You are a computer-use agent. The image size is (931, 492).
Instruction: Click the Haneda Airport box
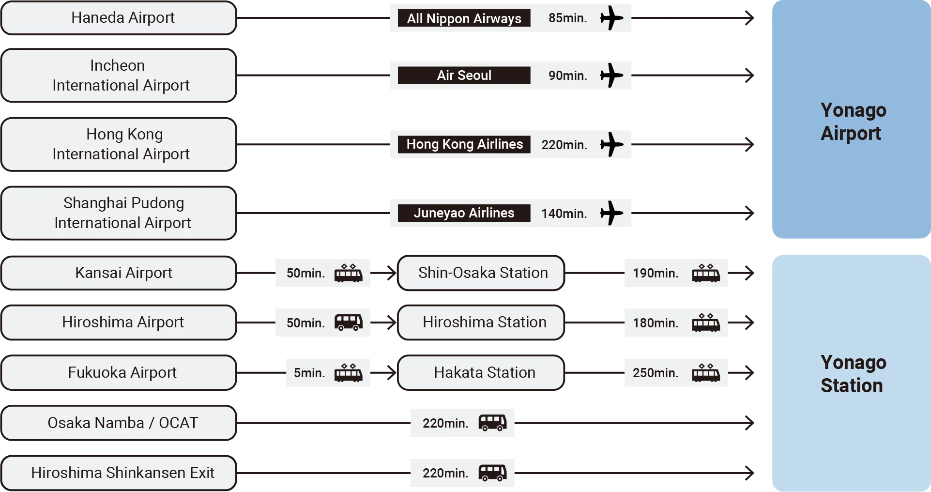click(119, 18)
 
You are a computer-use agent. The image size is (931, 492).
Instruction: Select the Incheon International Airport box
click(119, 75)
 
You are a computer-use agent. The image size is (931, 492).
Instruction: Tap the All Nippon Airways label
click(464, 18)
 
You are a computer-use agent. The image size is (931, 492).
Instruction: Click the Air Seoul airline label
click(464, 76)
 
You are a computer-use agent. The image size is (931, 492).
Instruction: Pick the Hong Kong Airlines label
click(464, 144)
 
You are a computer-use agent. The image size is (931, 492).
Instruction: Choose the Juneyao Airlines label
click(464, 213)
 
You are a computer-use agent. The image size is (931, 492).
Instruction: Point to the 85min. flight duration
click(567, 18)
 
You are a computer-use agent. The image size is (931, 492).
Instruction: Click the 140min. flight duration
click(564, 214)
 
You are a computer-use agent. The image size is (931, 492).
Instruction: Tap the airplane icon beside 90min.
click(611, 76)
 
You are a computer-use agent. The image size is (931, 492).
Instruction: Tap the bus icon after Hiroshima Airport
click(349, 323)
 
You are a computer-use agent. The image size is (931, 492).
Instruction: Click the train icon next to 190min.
click(705, 273)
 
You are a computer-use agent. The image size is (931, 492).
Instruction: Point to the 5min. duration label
click(309, 373)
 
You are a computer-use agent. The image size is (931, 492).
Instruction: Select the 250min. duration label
click(656, 373)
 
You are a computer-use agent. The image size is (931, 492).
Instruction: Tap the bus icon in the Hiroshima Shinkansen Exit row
click(492, 473)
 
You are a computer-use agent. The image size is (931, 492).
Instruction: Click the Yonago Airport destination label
click(853, 121)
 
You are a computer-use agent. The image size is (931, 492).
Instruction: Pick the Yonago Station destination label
click(853, 373)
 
